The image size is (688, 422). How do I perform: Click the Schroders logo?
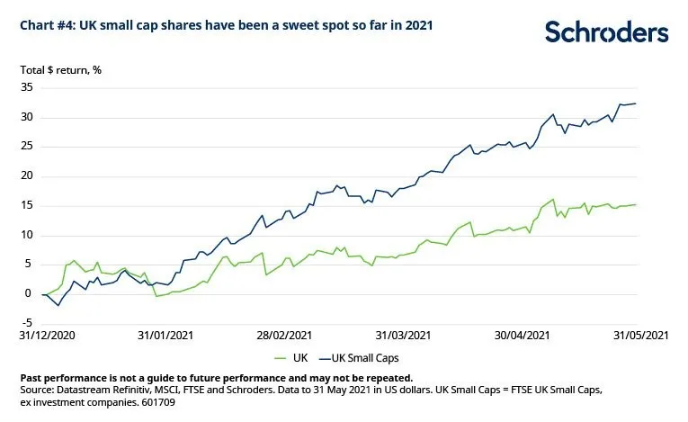(x=607, y=33)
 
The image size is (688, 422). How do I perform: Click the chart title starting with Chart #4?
(x=227, y=25)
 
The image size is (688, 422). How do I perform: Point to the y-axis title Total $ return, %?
(x=60, y=70)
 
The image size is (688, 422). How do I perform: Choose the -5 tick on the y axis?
(x=27, y=323)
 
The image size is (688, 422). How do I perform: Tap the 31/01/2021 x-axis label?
(x=165, y=336)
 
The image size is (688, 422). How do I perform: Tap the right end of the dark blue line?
(x=636, y=103)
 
